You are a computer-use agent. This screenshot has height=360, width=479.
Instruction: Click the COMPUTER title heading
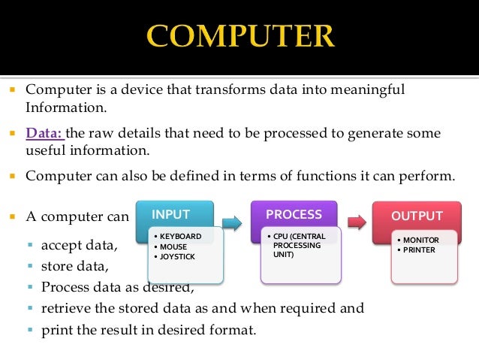(x=239, y=36)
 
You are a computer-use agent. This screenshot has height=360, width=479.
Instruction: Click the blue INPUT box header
(x=171, y=215)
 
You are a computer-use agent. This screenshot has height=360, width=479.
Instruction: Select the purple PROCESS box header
(x=294, y=215)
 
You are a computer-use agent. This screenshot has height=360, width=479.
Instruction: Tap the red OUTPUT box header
(x=417, y=216)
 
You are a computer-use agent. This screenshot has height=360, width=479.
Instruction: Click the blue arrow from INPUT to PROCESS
(x=231, y=222)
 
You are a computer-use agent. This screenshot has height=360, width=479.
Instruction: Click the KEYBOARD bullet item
(x=178, y=236)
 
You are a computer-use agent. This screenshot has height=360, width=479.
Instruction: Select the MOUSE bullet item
(x=171, y=246)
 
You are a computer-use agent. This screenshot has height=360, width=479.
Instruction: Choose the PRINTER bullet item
(x=417, y=250)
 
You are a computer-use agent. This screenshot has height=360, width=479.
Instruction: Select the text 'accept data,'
(x=80, y=245)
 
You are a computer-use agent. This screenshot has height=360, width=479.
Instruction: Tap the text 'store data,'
(x=75, y=266)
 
